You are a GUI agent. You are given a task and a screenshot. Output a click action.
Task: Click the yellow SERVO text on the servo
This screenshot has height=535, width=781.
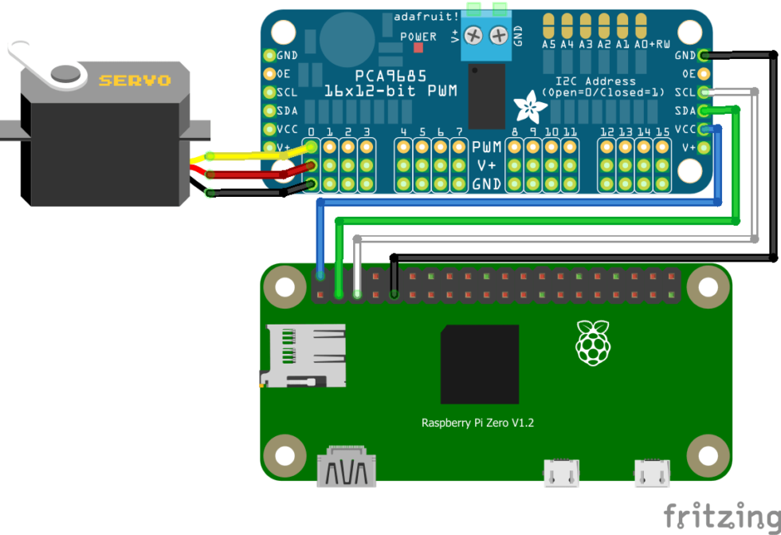[x=134, y=81]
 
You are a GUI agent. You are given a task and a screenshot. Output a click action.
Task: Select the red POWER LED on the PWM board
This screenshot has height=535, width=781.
[x=418, y=49]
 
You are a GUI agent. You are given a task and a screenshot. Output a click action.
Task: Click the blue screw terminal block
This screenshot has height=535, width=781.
[x=486, y=40]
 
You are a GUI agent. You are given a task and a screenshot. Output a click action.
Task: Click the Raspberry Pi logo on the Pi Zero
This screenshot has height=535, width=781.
[x=592, y=344]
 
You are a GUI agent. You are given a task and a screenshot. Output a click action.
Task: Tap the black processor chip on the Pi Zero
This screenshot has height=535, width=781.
[x=479, y=364]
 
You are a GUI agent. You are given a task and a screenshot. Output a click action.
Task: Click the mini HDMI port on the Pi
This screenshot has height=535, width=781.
[x=347, y=469]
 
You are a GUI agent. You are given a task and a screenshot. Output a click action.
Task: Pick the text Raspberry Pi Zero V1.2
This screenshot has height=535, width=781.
[x=477, y=423]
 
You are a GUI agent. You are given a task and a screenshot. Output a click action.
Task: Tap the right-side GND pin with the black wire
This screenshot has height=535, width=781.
[x=704, y=55]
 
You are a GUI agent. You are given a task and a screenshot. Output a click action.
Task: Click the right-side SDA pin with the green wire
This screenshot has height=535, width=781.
[x=704, y=111]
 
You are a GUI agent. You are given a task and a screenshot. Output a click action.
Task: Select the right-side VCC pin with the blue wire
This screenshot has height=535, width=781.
[x=704, y=129]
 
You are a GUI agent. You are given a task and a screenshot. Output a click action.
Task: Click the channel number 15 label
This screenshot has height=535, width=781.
[x=662, y=132]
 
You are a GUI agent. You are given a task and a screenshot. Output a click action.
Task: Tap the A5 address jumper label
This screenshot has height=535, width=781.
[x=548, y=45]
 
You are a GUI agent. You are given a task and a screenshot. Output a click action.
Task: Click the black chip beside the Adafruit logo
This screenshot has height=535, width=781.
[x=486, y=96]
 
